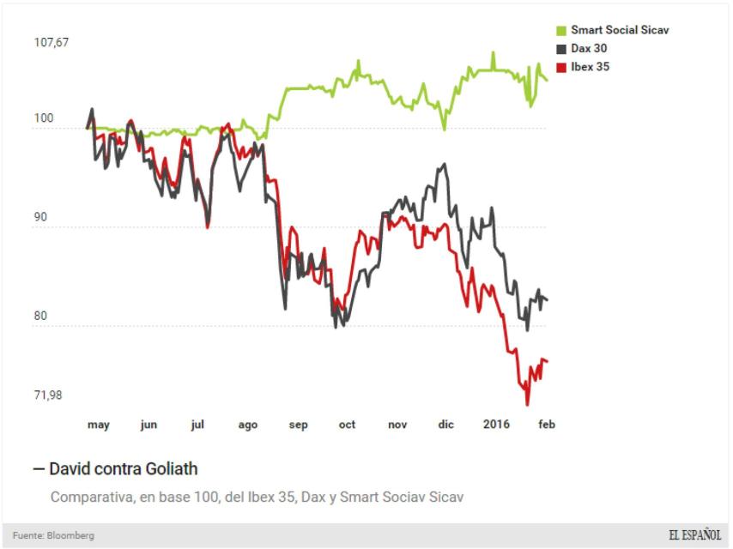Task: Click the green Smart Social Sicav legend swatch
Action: point(562,30)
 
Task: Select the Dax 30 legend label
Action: point(590,48)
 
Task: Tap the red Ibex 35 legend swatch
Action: point(562,67)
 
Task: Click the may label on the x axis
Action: point(99,425)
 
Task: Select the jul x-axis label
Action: point(197,425)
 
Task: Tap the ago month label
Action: point(247,425)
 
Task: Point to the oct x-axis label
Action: point(347,425)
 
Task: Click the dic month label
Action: point(445,425)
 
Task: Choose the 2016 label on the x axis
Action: point(496,425)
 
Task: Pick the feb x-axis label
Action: point(547,425)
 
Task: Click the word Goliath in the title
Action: point(169,469)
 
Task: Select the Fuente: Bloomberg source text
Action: point(53,535)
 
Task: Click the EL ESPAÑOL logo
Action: point(694,535)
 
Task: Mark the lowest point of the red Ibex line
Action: point(527,404)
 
